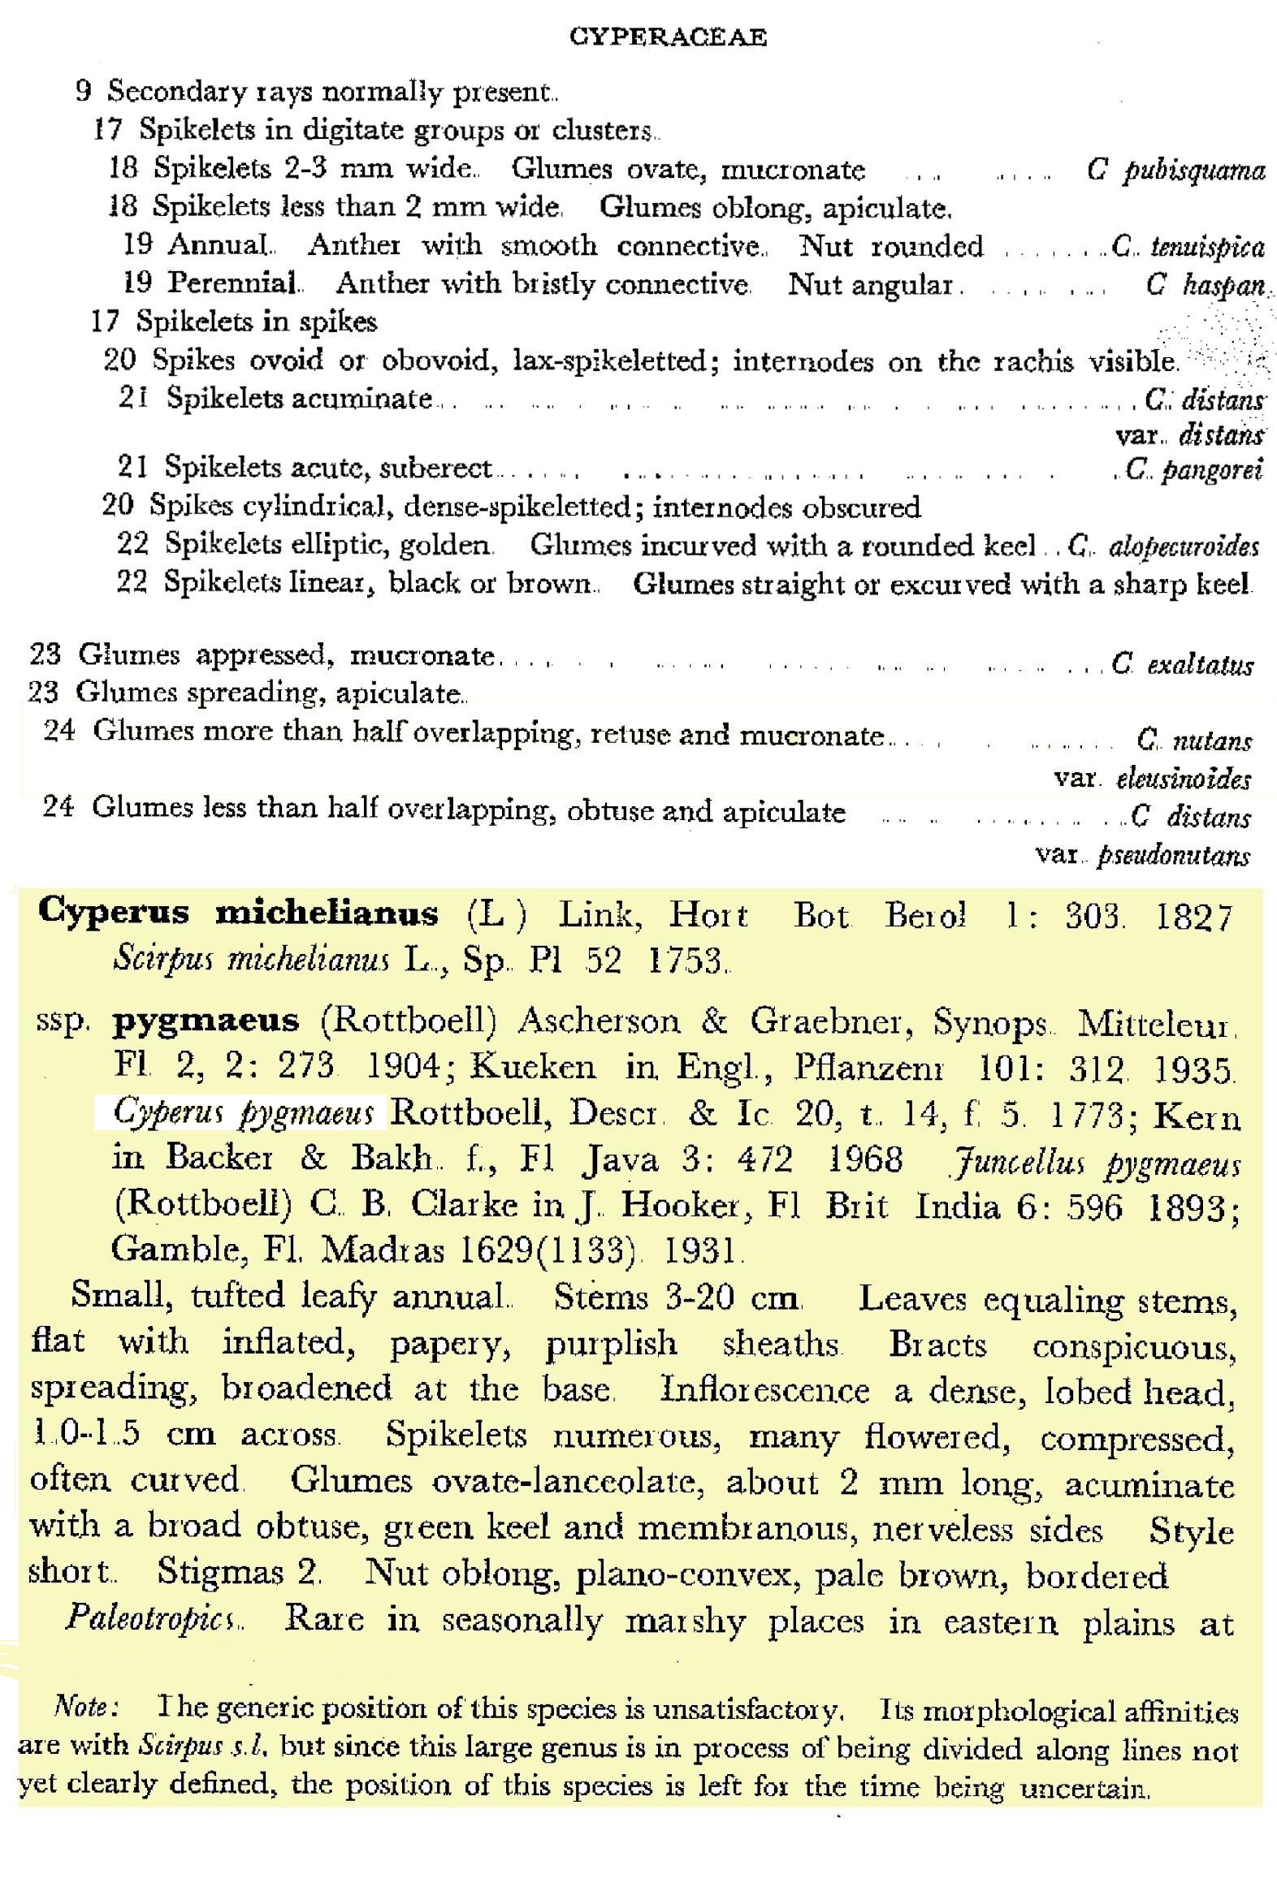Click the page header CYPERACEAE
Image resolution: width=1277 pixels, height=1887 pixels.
[668, 37]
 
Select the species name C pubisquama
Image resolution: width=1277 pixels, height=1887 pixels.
[1175, 171]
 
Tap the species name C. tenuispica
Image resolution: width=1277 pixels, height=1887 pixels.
[1187, 246]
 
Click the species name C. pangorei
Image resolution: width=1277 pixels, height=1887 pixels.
[1193, 469]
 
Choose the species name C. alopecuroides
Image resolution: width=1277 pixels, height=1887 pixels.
[1163, 546]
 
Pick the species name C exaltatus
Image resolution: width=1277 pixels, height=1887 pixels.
[1182, 665]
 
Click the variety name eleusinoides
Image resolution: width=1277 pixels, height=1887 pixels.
[1184, 779]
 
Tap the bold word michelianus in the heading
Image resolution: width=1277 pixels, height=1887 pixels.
[327, 913]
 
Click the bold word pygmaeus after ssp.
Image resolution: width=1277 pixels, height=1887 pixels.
[206, 1021]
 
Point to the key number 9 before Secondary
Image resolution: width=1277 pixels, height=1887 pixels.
[83, 90]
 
